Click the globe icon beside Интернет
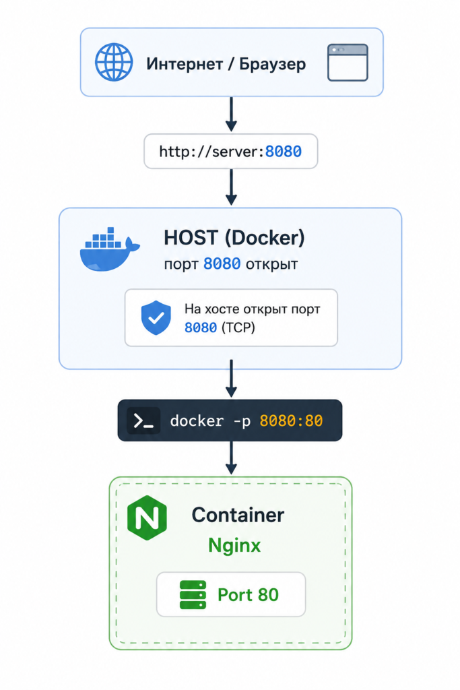[x=114, y=62]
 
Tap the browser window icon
[x=348, y=63]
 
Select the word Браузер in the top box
[x=272, y=64]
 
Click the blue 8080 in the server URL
[x=284, y=152]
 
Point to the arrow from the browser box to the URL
[x=231, y=114]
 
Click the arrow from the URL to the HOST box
[x=231, y=187]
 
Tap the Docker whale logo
[x=110, y=249]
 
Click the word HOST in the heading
[x=191, y=238]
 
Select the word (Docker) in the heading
[x=265, y=238]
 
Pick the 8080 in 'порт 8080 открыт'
[x=222, y=264]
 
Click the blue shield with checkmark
[x=156, y=318]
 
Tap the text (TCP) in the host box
[x=238, y=328]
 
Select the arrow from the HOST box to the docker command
[x=231, y=379]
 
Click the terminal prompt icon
[x=143, y=421]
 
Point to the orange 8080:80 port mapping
[x=291, y=421]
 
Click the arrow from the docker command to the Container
[x=231, y=458]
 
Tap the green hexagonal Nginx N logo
[x=147, y=518]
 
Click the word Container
[x=238, y=515]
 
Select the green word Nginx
[x=234, y=546]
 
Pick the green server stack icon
[x=193, y=595]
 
